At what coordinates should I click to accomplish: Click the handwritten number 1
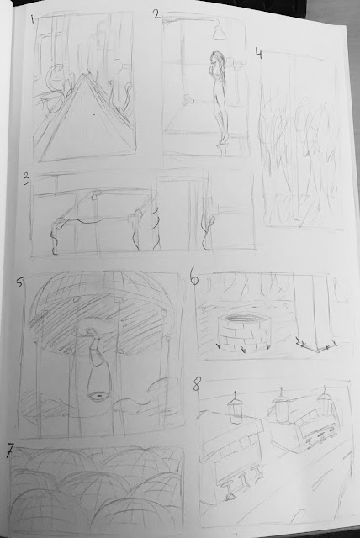32,18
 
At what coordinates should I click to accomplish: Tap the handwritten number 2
156,14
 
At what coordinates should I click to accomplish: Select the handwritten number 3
27,180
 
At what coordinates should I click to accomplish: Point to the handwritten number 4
259,54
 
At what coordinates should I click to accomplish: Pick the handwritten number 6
194,278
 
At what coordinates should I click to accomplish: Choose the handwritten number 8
196,385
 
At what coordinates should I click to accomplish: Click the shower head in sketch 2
219,31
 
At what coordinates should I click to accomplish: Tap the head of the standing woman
216,57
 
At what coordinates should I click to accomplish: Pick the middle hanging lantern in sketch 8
280,405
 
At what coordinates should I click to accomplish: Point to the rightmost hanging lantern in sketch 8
324,401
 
